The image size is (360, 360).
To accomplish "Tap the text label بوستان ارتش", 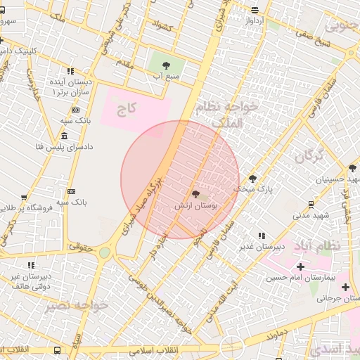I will (197, 206).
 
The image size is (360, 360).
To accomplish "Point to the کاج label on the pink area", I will (126, 109).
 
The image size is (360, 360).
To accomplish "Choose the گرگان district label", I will (309, 156).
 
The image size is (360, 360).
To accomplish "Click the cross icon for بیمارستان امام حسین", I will (301, 266).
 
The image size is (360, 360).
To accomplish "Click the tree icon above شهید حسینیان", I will (352, 168).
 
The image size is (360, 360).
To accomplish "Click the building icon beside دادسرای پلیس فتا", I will (64, 136).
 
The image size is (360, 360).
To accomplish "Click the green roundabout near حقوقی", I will (105, 252).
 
